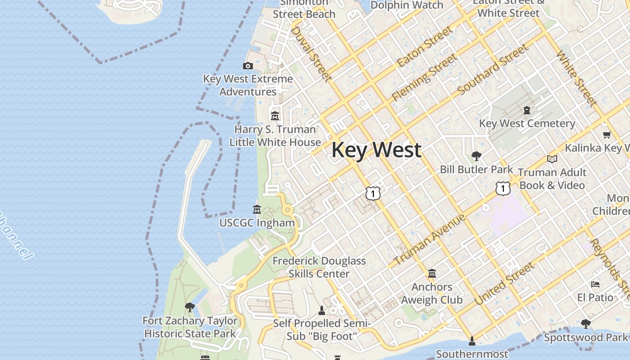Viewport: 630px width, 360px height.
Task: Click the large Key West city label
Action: pyautogui.click(x=376, y=150)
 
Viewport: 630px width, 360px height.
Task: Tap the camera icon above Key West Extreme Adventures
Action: pyautogui.click(x=247, y=66)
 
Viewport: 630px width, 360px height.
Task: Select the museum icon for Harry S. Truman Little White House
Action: pyautogui.click(x=275, y=116)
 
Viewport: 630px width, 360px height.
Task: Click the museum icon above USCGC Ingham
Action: pyautogui.click(x=257, y=209)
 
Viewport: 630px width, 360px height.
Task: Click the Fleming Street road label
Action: pyautogui.click(x=424, y=77)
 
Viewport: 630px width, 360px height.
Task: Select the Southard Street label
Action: pyautogui.click(x=492, y=70)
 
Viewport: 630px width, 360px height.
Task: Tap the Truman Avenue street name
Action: pyautogui.click(x=429, y=240)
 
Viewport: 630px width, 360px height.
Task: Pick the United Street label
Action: pyautogui.click(x=505, y=283)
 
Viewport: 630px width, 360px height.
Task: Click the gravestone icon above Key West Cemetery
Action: pyautogui.click(x=526, y=110)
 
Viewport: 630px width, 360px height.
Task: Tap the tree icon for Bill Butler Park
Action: pyautogui.click(x=476, y=156)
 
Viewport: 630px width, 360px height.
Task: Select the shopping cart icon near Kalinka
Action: pyautogui.click(x=607, y=135)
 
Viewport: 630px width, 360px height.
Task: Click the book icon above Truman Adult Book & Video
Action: pyautogui.click(x=552, y=159)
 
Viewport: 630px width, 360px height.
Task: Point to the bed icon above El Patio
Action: pyautogui.click(x=595, y=284)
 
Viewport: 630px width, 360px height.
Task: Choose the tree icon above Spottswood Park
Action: pyautogui.click(x=585, y=324)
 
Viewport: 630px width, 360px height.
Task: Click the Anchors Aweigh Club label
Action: pyautogui.click(x=432, y=293)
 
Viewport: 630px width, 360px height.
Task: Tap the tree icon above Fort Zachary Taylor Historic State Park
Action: pyautogui.click(x=190, y=307)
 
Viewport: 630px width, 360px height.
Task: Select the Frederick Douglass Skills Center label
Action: pyautogui.click(x=319, y=267)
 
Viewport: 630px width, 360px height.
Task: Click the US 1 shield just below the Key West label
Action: pyautogui.click(x=373, y=193)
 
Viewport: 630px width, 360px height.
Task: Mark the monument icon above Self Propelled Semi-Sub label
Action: pyautogui.click(x=321, y=310)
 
